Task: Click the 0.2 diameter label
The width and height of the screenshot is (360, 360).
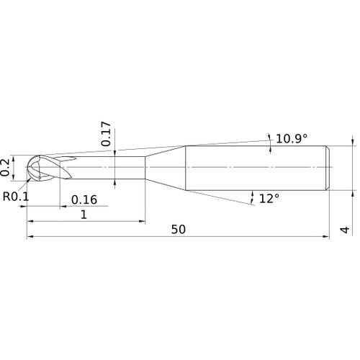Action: (6, 167)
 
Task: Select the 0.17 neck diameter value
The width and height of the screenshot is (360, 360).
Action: (107, 134)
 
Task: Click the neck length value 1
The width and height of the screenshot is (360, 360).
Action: (84, 215)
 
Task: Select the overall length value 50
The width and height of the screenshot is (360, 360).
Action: (179, 230)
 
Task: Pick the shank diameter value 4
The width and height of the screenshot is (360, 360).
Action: (346, 230)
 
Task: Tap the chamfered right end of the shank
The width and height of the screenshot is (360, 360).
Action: (328, 167)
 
